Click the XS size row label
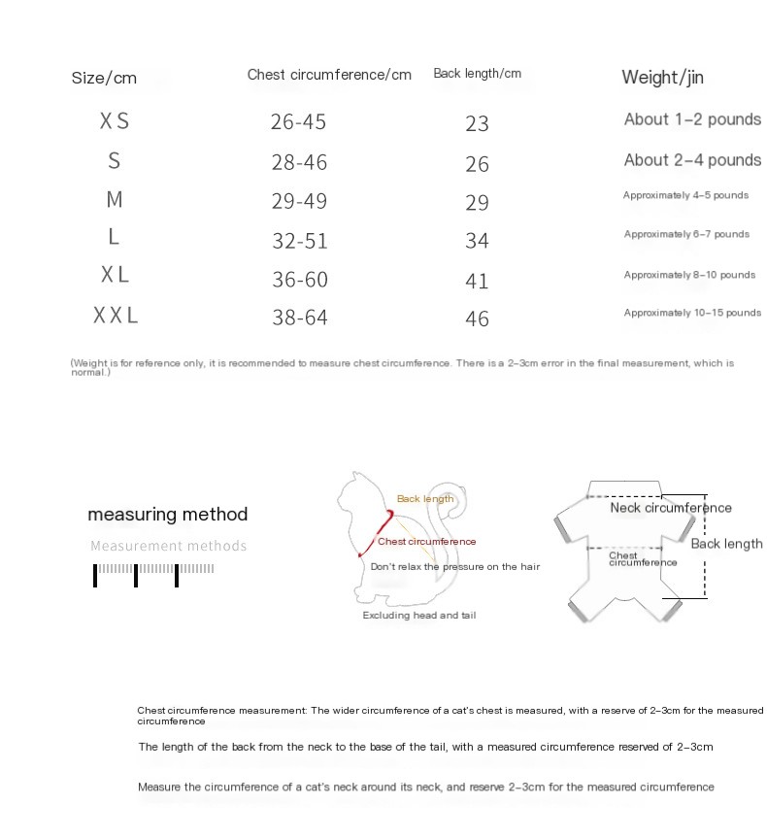point(115,121)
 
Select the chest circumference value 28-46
point(299,162)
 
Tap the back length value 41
point(477,281)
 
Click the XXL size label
point(116,316)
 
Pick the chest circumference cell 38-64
point(299,318)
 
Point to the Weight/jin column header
point(661,78)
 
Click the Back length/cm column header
point(477,74)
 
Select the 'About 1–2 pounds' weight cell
point(692,119)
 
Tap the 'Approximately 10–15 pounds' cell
point(692,313)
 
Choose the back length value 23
point(477,124)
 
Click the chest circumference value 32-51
point(299,241)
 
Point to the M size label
point(115,200)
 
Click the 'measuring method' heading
point(167,515)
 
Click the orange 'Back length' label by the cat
point(424,499)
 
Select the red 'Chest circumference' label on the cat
point(427,542)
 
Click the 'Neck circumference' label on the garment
point(671,508)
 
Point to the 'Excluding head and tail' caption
point(418,616)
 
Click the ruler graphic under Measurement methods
point(153,573)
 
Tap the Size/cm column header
point(104,78)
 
